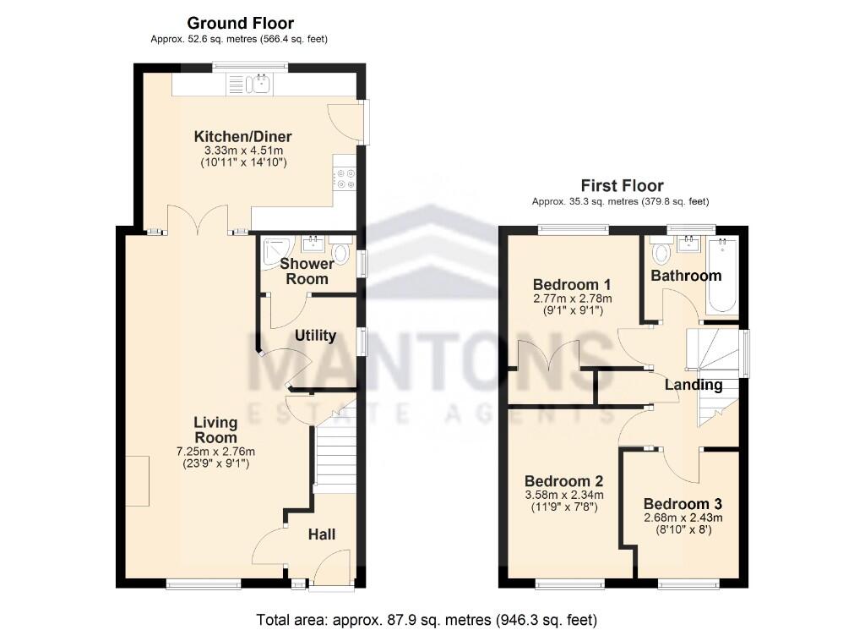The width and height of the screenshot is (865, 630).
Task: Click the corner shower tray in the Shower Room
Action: [273, 250]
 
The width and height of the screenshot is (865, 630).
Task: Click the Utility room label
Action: [315, 336]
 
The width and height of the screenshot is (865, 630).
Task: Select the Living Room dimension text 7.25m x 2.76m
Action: [215, 451]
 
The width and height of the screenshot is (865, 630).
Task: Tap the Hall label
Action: [321, 534]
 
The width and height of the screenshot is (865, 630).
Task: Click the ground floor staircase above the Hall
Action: [336, 457]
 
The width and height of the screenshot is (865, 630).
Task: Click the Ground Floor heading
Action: [240, 23]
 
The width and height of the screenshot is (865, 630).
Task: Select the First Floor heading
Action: [622, 185]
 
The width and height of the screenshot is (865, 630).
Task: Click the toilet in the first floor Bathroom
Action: [661, 252]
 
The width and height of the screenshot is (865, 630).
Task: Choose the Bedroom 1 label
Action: [572, 284]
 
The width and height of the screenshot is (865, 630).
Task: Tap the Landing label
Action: [694, 385]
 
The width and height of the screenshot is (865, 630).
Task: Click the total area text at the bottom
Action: [427, 620]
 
